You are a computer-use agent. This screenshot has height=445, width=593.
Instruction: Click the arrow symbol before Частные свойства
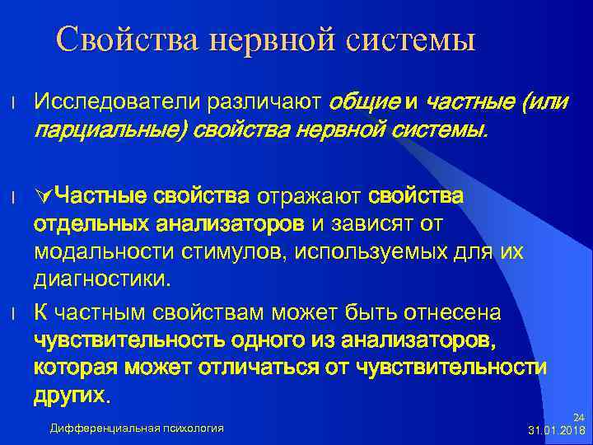click(44, 196)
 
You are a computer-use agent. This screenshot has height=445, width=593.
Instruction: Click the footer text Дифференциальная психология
click(136, 427)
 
